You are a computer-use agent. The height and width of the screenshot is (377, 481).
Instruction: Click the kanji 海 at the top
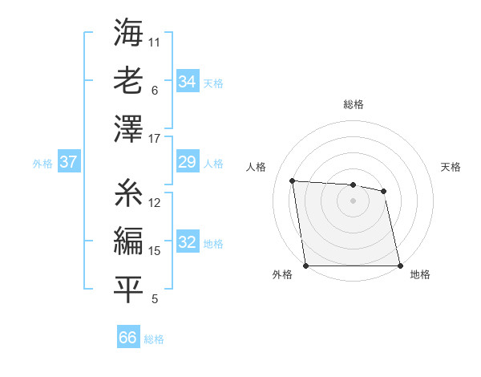point(128,34)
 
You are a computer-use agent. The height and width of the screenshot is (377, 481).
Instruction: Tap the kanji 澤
point(128,128)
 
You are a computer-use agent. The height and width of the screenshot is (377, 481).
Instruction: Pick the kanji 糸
point(128,193)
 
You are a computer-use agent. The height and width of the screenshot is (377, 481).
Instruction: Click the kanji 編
point(128,240)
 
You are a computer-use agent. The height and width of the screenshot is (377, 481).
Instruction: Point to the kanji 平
point(128,289)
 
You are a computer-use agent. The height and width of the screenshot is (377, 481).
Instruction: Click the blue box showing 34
point(187,81)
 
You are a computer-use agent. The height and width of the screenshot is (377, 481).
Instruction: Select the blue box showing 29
point(187,162)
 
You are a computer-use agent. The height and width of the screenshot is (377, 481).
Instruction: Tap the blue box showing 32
point(187,243)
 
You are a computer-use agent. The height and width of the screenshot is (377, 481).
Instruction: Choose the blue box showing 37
point(68,162)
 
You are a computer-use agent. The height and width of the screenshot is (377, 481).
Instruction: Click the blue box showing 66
point(128,338)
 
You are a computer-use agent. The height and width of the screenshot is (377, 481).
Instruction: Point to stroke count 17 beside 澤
point(155,139)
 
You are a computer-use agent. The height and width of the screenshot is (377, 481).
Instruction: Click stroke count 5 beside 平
point(155,300)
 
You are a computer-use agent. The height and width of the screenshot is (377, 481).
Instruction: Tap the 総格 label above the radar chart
point(353,104)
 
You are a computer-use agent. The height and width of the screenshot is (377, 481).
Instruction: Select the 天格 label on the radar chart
point(451,167)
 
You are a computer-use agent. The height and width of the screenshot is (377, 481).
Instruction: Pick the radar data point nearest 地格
point(400,266)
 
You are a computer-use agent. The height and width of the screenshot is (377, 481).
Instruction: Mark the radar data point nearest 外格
point(305,266)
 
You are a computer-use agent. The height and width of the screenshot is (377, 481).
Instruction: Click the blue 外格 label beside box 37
point(42,163)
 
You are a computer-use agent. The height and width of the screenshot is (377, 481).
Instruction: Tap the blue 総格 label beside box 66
point(154,339)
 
